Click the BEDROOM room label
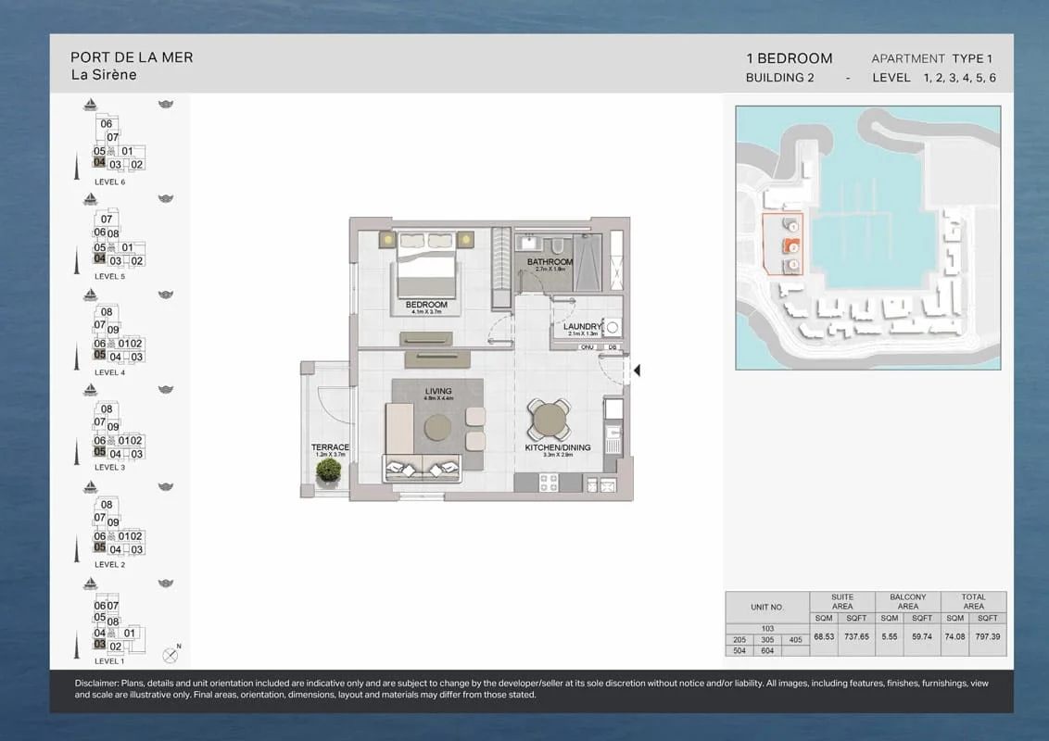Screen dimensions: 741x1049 click(x=426, y=305)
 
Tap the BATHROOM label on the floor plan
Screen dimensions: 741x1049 click(x=550, y=262)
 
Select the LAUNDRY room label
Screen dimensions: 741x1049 click(x=582, y=327)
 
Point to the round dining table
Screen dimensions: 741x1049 click(x=550, y=421)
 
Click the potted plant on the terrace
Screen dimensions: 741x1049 click(x=327, y=471)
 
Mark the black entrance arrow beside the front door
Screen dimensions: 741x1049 click(x=637, y=370)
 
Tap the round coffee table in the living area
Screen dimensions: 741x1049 click(x=438, y=427)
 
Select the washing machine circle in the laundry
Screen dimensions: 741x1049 click(x=612, y=327)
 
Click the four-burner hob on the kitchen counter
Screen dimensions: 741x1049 click(x=548, y=483)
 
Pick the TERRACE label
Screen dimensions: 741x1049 click(x=330, y=447)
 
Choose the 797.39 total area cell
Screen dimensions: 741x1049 click(x=988, y=637)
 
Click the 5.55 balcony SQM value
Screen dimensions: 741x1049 click(x=889, y=637)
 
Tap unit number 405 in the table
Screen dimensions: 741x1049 click(x=795, y=640)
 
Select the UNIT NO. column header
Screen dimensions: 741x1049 click(x=766, y=608)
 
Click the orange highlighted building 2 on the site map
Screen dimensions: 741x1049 click(x=790, y=246)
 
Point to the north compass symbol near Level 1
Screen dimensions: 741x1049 click(x=170, y=655)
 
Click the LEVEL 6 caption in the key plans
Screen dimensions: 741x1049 click(x=109, y=182)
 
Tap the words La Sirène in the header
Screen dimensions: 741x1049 click(x=104, y=75)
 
